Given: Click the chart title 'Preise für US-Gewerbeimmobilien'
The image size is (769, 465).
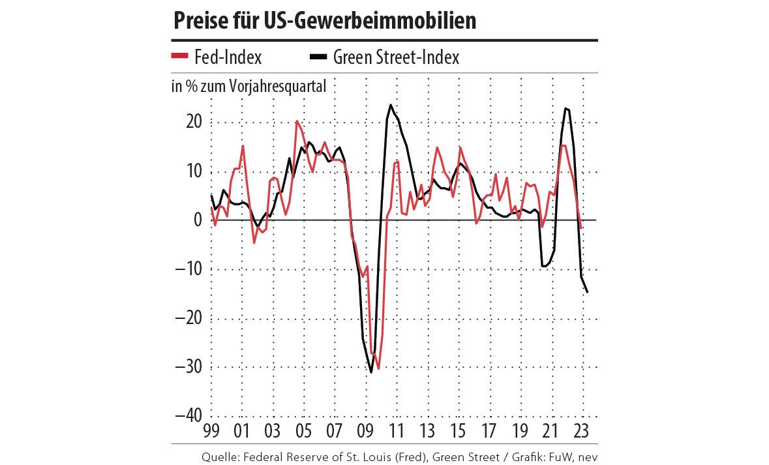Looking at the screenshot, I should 325,20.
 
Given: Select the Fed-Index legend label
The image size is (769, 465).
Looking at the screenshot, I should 228,57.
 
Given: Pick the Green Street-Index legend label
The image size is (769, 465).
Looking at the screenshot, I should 396,57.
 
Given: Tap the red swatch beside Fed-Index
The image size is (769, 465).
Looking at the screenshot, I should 179,57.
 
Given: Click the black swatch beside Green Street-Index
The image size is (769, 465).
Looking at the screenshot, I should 318,57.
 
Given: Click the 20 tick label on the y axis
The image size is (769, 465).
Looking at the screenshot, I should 194,122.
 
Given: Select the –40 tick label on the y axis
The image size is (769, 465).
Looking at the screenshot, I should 189,415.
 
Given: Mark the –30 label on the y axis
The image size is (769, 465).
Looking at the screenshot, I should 189,367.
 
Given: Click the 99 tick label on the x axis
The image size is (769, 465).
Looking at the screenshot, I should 211,430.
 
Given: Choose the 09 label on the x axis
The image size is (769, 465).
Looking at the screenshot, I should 365,430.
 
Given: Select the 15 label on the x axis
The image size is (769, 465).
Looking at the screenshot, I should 459,430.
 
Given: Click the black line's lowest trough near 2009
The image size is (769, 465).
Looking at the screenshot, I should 371,372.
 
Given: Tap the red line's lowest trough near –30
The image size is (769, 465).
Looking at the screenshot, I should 378,368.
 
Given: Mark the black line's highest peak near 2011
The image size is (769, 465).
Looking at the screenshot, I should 391,105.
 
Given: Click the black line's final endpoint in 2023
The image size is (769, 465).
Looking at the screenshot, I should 588,292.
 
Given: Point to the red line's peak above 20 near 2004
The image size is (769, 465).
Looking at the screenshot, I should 297,121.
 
